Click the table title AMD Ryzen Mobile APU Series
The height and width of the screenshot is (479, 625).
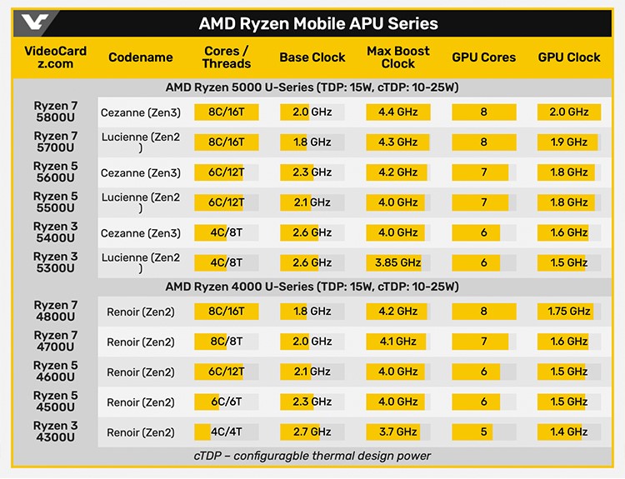(x=318, y=24)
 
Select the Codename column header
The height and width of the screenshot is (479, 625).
(x=141, y=57)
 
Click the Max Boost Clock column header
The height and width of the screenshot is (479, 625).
(x=397, y=57)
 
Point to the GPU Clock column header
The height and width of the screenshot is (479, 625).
(x=569, y=57)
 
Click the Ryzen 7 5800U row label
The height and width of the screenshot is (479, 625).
(x=55, y=112)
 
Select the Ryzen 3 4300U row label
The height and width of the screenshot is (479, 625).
(x=55, y=432)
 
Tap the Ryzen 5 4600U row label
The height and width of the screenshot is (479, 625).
(x=55, y=372)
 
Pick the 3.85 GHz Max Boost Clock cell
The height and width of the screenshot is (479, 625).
(x=397, y=262)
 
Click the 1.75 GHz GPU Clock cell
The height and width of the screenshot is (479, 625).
(x=569, y=312)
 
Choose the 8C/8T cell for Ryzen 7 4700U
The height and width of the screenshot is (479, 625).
(x=226, y=342)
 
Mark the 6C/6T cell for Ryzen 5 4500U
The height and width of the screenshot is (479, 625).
(x=226, y=402)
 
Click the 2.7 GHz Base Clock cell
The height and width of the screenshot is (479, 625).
(x=312, y=432)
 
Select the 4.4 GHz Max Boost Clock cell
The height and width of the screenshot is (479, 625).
(x=397, y=112)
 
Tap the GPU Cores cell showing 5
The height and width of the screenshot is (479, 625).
(x=483, y=432)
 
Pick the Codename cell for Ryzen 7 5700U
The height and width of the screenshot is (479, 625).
(x=141, y=142)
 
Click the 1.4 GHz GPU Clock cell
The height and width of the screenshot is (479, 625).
(x=569, y=432)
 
